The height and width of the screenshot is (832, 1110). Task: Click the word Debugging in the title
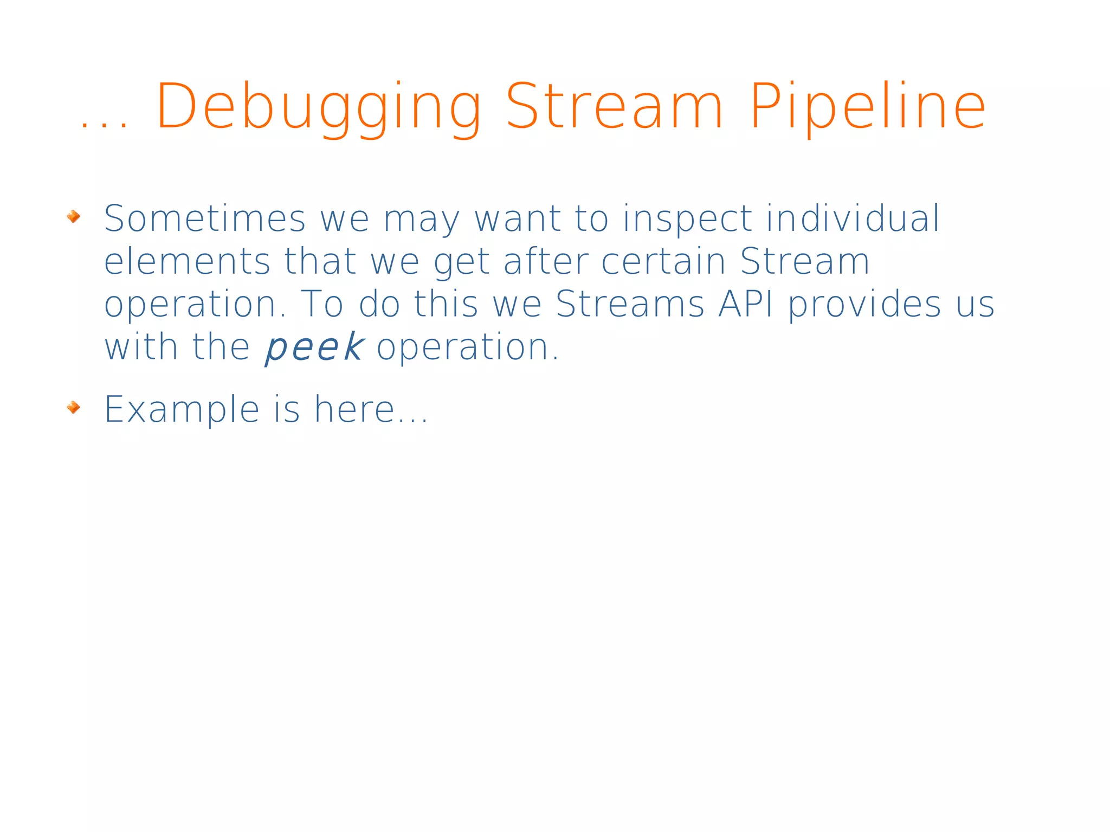click(319, 107)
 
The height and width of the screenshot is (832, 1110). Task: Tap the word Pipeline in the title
click(867, 107)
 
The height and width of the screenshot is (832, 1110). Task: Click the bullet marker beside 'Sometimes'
click(73, 217)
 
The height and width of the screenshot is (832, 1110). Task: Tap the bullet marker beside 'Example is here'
click(73, 407)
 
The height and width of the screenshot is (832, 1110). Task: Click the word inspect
click(687, 220)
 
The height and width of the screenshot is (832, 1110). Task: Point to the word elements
click(186, 262)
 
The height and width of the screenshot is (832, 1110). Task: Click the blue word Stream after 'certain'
click(804, 262)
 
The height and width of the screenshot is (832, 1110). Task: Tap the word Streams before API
click(630, 304)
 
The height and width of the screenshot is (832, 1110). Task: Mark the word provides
click(864, 305)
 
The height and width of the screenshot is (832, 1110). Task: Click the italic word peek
click(314, 348)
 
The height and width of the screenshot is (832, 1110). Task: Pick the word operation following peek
click(467, 348)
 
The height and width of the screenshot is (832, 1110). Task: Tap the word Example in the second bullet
click(182, 410)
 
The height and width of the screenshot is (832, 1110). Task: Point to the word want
click(517, 220)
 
